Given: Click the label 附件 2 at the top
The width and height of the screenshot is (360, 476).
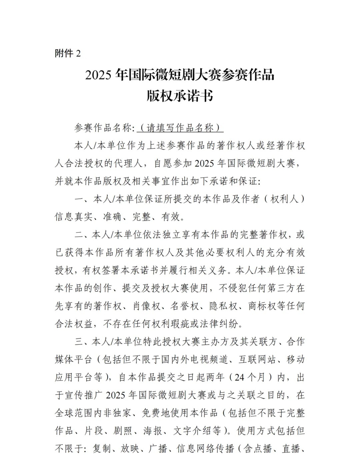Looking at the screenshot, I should (x=68, y=54).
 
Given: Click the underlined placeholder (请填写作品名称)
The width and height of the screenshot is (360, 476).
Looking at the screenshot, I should (x=180, y=128).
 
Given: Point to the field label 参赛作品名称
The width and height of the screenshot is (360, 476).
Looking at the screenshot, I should (x=104, y=128).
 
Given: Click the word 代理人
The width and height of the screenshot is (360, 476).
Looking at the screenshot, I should (x=133, y=164).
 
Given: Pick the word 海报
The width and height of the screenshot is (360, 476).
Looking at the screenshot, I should (x=152, y=431).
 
